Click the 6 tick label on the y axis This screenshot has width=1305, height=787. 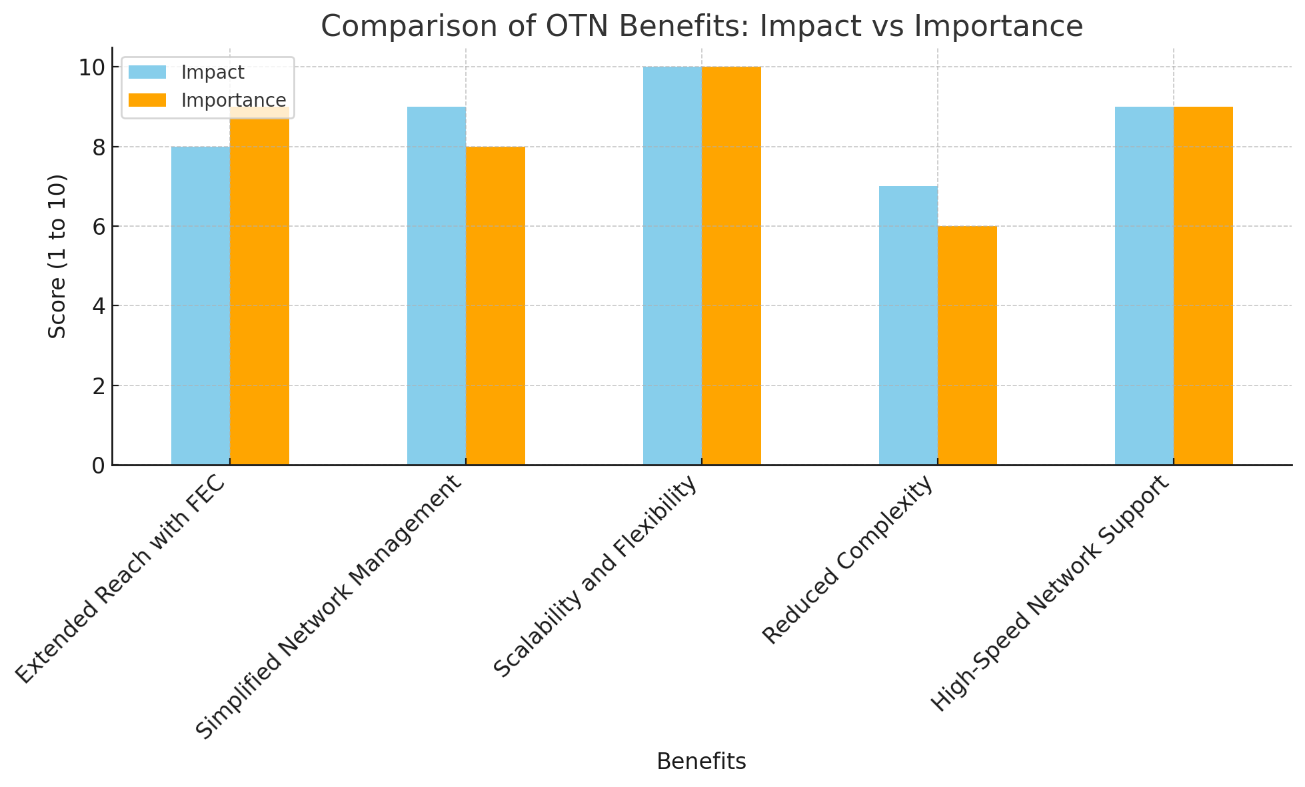(x=98, y=227)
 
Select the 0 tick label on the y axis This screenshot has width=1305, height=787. (x=98, y=466)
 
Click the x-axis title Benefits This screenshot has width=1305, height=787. (x=701, y=762)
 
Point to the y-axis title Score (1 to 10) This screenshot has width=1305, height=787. (x=59, y=256)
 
